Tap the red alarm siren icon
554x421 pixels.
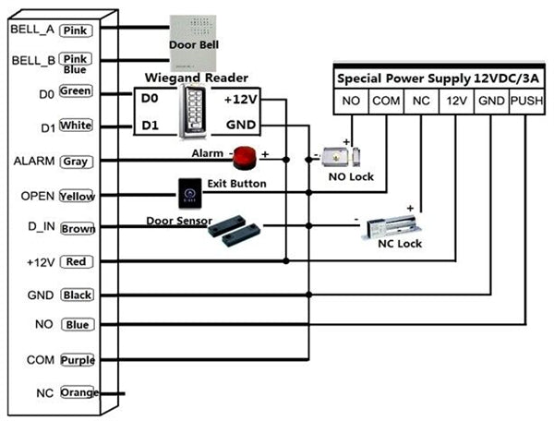coord(244,158)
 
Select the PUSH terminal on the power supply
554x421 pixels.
coord(526,100)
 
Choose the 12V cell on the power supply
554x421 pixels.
coord(456,100)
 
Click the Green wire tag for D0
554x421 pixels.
coord(76,91)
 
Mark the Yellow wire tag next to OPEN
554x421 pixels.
coord(76,196)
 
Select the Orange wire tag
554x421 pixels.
coord(78,393)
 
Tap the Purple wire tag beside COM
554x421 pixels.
coord(77,359)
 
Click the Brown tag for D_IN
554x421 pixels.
coord(77,227)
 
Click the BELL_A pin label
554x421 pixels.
coord(31,30)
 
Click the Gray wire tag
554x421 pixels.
coord(75,161)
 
